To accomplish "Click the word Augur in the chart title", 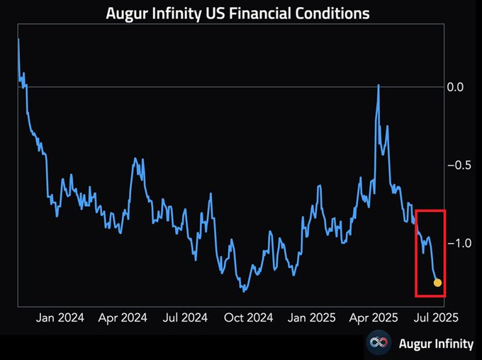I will pos(128,13).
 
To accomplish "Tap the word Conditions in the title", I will pos(335,13).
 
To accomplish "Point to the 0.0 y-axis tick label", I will pos(454,87).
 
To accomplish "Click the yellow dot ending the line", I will pos(437,283).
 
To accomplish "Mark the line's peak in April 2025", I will pos(379,85).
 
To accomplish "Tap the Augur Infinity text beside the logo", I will pos(435,344).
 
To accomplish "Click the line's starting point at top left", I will pos(18,39).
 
